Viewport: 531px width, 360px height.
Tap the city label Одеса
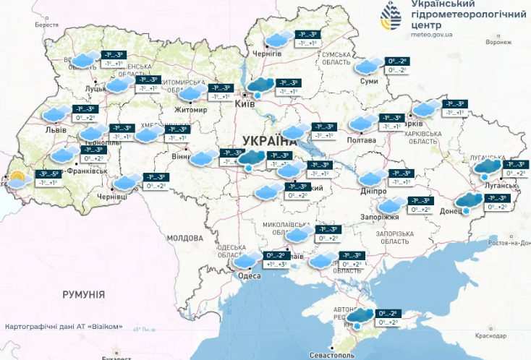click(x=250, y=275)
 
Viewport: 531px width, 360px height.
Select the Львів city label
click(x=56, y=130)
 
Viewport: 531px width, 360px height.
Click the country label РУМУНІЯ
click(x=83, y=295)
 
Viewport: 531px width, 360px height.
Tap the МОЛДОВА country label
click(x=185, y=238)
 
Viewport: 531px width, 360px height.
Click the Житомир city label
click(x=190, y=110)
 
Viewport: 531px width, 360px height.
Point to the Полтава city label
click(x=362, y=140)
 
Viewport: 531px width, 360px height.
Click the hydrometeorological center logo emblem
click(x=394, y=17)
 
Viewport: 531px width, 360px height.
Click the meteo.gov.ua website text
click(x=432, y=33)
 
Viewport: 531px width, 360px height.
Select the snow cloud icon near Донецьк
click(x=469, y=202)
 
